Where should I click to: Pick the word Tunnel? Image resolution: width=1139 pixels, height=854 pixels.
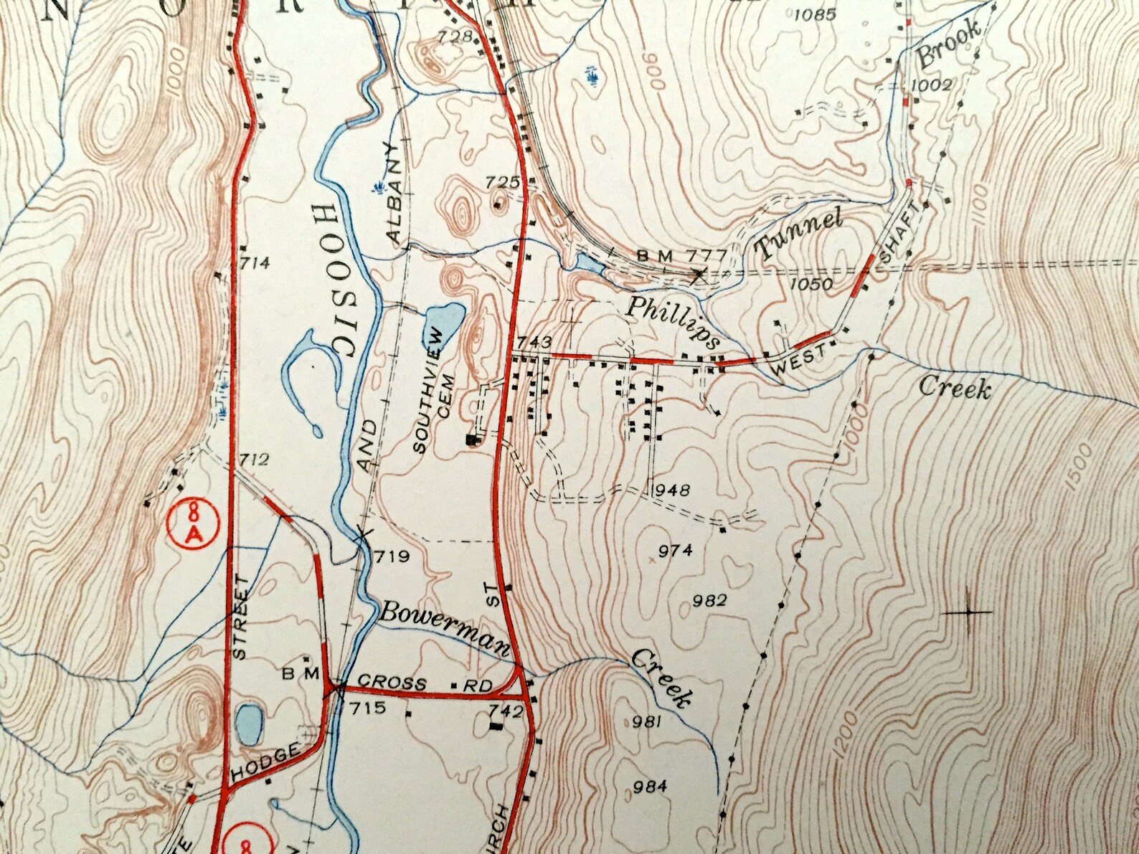click(799, 234)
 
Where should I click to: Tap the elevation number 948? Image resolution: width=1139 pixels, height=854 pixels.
click(672, 490)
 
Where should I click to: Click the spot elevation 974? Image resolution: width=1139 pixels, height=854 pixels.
click(675, 551)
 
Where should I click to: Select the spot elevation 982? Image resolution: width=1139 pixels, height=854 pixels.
click(711, 600)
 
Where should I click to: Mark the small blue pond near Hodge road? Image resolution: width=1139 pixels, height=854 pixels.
click(249, 724)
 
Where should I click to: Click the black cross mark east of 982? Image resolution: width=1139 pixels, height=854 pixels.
click(968, 612)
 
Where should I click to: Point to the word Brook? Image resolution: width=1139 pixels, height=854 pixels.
click(950, 44)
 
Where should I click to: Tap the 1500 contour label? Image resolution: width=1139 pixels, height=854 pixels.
click(1078, 468)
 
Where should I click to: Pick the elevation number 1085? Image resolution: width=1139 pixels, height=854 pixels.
click(816, 14)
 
